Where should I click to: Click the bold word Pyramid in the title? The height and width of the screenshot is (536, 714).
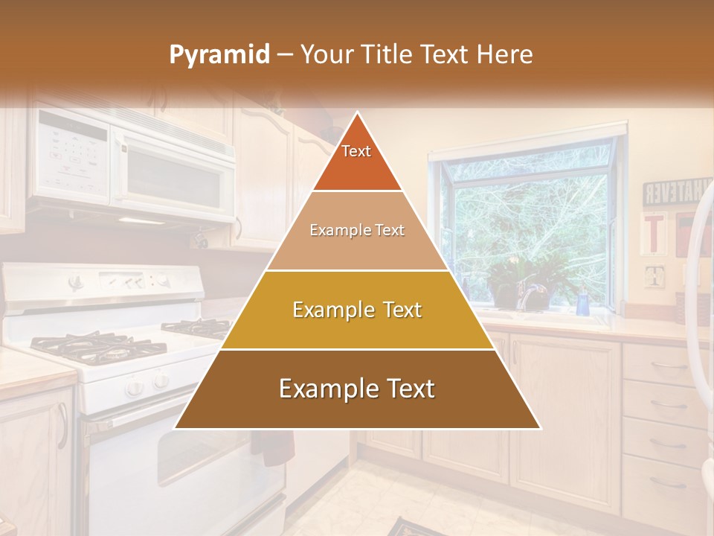coord(219,55)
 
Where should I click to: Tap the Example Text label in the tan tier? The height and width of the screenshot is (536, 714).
coord(357,230)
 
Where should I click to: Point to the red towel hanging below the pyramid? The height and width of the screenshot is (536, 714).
coord(271,447)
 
